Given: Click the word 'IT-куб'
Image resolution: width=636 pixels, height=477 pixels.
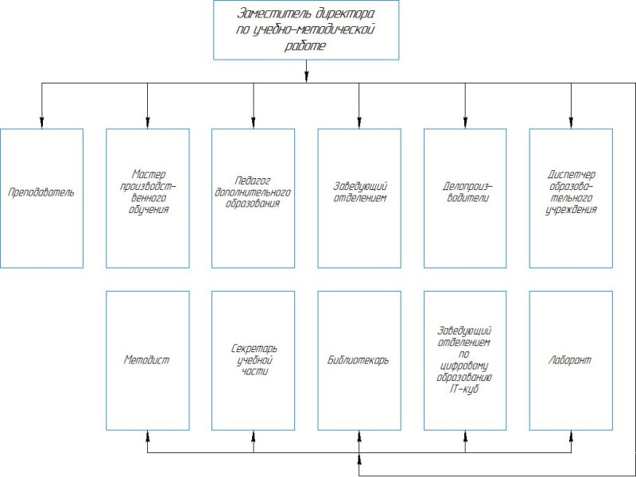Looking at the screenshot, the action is point(464,389).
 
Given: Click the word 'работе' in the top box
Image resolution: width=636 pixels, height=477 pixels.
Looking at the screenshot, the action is point(305,45).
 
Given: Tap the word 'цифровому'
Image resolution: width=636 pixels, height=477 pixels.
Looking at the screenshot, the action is point(464,366).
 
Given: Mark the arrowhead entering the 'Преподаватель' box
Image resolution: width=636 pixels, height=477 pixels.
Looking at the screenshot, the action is point(42,123).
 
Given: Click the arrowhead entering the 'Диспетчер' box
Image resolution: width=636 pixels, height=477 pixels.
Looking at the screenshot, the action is point(571,123).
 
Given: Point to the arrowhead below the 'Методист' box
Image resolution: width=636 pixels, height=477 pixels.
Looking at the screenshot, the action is point(148,436).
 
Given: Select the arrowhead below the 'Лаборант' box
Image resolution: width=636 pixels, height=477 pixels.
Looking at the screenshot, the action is point(571,436).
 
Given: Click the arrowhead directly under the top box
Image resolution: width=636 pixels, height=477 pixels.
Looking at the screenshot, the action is point(306,77).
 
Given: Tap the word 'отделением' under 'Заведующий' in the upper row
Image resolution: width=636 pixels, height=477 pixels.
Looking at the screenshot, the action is point(360,198).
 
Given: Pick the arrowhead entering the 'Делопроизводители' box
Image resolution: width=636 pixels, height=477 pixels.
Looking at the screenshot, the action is point(465,123).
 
